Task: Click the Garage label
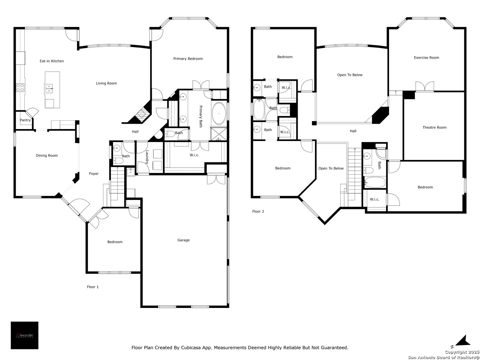(x=183, y=240)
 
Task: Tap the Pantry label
(x=25, y=120)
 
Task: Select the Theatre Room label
(x=434, y=127)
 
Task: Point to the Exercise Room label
(x=426, y=57)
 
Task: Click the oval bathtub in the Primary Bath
(x=219, y=113)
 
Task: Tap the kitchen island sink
(x=49, y=88)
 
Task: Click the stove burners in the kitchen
(x=20, y=87)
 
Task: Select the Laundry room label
(x=147, y=157)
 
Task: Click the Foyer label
(x=94, y=174)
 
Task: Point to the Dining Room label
(x=47, y=155)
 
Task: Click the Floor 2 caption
(x=258, y=211)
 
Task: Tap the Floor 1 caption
(x=93, y=287)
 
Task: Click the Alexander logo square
(x=24, y=335)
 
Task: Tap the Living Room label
(x=106, y=83)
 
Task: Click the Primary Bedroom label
(x=188, y=59)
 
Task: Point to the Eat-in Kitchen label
(x=52, y=61)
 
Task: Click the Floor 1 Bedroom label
(x=115, y=242)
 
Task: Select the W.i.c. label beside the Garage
(x=194, y=155)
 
